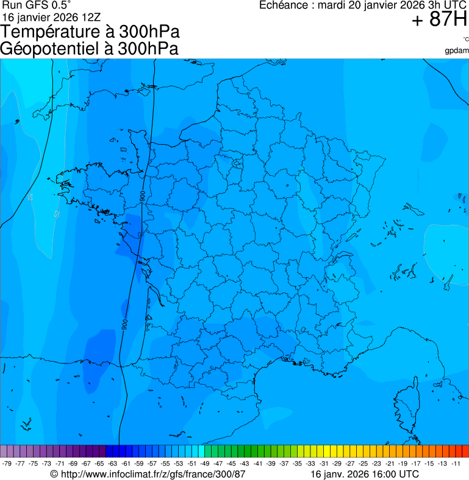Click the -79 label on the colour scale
click(7, 464)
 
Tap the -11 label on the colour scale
click(456, 464)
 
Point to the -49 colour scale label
click(205, 464)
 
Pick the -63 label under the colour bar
click(113, 464)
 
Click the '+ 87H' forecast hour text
click(439, 20)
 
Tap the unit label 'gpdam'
click(456, 50)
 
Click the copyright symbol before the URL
click(54, 474)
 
